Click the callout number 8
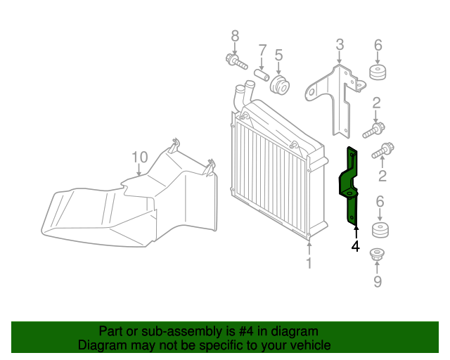tap(235, 35)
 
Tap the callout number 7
tap(262, 50)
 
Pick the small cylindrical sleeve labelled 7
tap(262, 75)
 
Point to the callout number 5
tap(278, 54)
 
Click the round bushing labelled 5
tap(281, 86)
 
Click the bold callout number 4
tap(356, 246)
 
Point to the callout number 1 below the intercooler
tap(308, 263)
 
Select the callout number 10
tap(139, 156)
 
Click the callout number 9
tap(378, 283)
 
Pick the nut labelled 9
tap(378, 257)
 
